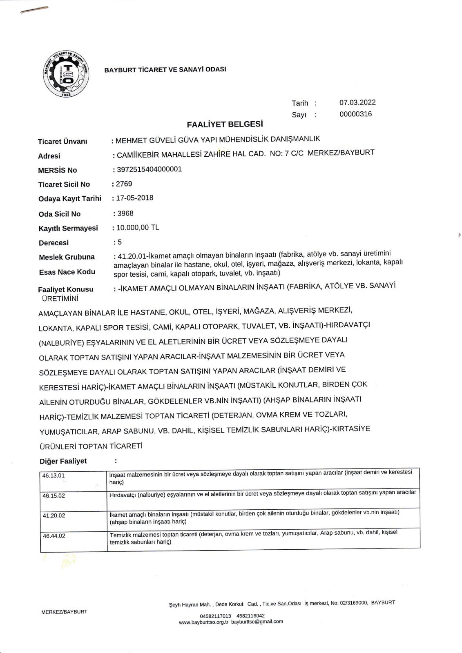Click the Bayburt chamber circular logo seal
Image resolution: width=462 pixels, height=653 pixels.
coord(66,74)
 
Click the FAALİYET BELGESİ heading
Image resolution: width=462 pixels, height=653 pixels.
coord(225,124)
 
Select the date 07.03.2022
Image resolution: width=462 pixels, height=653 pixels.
coord(357,102)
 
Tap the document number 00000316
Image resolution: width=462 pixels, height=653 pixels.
coord(355,114)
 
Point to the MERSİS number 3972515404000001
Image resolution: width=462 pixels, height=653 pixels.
coord(149,169)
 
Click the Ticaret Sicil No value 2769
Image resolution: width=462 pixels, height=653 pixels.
coord(124,184)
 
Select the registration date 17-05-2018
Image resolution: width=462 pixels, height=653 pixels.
coord(135,198)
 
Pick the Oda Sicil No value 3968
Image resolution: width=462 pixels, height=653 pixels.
coord(125,213)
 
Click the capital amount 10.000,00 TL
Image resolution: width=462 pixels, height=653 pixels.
coord(138,228)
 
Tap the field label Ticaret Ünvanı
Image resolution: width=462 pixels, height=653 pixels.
coord(62,141)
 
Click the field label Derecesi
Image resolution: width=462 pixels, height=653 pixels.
coord(54,243)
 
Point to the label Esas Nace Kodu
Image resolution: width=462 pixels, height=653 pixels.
coord(67,272)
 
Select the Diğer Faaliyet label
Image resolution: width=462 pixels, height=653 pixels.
coord(63,461)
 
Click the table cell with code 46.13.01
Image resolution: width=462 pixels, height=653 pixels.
coord(54,475)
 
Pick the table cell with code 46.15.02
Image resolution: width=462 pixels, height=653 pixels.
coord(54,495)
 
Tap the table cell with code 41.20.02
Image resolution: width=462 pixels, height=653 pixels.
coord(54,515)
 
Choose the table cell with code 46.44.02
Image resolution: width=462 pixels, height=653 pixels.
coord(54,535)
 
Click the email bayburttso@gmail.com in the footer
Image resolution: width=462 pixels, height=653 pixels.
coord(257,622)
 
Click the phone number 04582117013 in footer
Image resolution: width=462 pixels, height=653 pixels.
coord(215,616)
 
